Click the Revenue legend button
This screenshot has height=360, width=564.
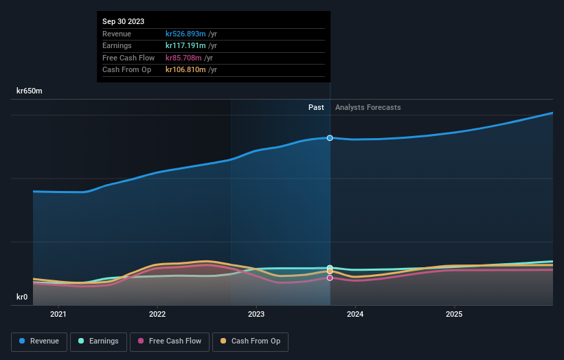point(39,341)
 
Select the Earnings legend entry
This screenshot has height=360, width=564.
point(99,341)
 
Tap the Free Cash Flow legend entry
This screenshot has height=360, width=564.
point(170,341)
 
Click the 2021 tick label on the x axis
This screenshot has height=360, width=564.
point(59,315)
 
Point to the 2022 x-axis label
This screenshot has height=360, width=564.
point(157,315)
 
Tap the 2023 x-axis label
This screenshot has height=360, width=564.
point(256,315)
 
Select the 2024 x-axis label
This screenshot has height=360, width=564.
point(355,315)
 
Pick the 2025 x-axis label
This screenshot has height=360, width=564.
point(454,315)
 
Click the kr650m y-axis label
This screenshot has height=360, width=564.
point(30,91)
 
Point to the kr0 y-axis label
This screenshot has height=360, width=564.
point(22,297)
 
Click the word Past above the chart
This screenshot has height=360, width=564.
point(316,107)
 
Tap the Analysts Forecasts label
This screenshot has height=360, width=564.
point(368,107)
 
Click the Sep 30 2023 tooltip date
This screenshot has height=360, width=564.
point(124,22)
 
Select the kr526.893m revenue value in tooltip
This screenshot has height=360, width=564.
point(185,34)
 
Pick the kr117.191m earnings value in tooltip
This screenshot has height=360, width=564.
point(185,46)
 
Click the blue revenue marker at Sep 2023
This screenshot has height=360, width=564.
point(330,138)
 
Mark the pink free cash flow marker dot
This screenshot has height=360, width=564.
point(330,278)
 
